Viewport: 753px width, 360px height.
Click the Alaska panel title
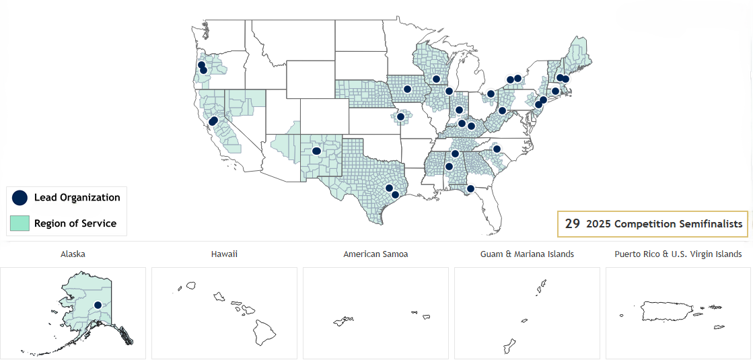tap(73, 254)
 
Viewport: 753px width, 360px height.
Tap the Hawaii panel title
tap(224, 254)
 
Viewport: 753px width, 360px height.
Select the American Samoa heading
tap(375, 254)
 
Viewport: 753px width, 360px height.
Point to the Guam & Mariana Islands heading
tap(527, 254)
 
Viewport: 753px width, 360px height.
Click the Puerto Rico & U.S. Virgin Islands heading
tap(678, 254)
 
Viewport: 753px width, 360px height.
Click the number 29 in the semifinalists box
tap(573, 224)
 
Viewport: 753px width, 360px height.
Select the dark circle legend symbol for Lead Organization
tap(20, 197)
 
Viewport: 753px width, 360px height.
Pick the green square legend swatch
tap(20, 223)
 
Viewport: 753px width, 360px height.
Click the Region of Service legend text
tap(75, 223)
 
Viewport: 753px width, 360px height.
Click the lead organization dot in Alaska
tap(98, 305)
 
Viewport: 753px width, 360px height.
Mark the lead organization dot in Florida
tap(470, 188)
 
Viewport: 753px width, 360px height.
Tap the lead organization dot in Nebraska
tap(407, 89)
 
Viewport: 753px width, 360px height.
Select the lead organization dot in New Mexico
tap(316, 151)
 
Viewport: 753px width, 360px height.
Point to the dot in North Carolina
tap(497, 149)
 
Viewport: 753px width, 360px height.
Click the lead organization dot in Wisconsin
tap(436, 79)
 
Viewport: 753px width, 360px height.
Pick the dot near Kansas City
tap(401, 116)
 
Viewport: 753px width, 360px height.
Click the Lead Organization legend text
tap(77, 197)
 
